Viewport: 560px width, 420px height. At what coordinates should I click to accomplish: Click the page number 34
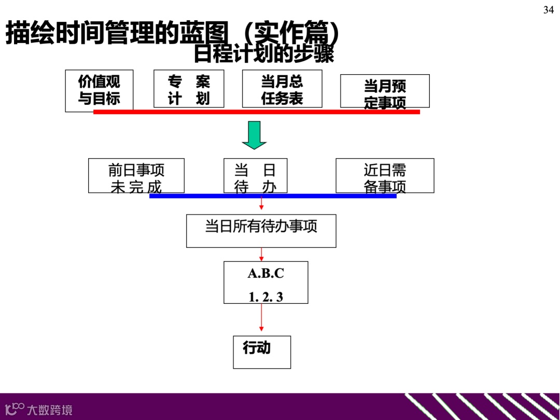549,10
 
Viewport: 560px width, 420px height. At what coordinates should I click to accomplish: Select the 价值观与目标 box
99,90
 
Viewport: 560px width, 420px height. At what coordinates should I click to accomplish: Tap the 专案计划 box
189,89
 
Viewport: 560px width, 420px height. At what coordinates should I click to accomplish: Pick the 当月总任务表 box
282,89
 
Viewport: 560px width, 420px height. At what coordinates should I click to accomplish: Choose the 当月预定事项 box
385,91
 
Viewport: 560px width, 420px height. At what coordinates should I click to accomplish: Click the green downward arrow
254,135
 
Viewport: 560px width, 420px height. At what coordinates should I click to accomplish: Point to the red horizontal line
256,111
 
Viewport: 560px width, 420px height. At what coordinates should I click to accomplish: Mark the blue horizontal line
273,196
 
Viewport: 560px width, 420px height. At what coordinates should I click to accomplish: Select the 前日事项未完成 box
136,175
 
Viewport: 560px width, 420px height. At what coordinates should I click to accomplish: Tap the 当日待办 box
255,175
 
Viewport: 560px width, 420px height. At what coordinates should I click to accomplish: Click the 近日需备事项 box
385,175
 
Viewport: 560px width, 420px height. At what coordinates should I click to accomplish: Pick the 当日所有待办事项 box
261,231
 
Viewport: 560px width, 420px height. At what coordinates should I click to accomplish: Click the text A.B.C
266,273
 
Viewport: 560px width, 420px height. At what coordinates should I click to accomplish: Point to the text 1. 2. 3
266,297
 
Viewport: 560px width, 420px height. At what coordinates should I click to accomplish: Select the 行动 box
262,352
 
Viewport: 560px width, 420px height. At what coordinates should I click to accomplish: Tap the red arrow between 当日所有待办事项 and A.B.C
261,254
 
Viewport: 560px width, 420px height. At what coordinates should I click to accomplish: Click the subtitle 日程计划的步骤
263,54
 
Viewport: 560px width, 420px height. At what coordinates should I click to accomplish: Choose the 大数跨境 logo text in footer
50,410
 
